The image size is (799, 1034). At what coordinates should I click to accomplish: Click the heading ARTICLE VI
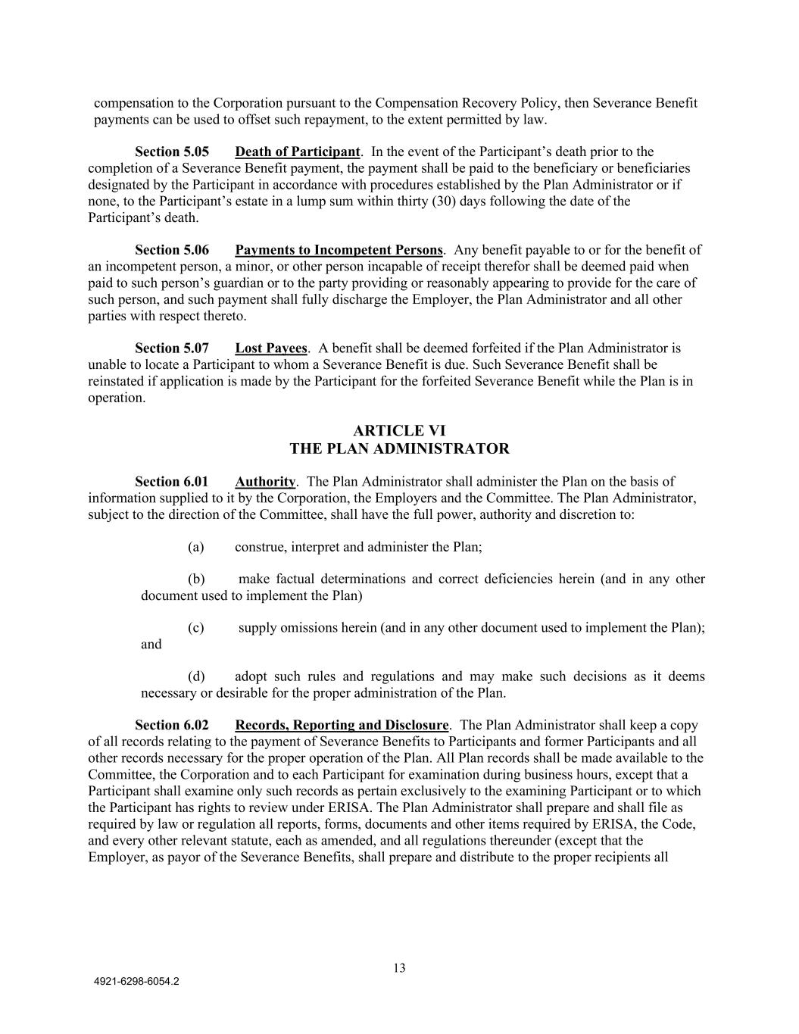point(399,431)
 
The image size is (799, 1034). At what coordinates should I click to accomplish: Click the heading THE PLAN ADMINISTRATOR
point(399,448)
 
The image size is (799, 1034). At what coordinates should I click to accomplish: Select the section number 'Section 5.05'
point(171,152)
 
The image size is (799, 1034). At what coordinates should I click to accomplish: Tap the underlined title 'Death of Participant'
point(297,152)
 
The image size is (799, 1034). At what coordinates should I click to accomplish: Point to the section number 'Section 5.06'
point(171,250)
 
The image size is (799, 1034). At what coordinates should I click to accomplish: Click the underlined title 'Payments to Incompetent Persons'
point(339,250)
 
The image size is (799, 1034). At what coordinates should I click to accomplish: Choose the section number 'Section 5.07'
point(171,348)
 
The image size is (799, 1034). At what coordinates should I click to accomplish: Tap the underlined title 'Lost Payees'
point(271,348)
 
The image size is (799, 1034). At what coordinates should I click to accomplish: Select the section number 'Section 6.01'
point(171,482)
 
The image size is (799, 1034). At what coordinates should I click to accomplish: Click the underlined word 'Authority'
point(265,482)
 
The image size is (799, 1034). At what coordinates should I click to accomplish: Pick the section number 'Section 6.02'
point(171,726)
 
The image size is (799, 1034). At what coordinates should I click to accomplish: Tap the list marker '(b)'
point(196,579)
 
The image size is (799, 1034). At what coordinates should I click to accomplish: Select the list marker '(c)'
point(196,628)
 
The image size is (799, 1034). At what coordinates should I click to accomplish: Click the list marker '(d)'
point(196,676)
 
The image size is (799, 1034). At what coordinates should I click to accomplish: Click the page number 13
point(399,968)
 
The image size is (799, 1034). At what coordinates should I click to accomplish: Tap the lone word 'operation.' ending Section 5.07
point(117,398)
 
